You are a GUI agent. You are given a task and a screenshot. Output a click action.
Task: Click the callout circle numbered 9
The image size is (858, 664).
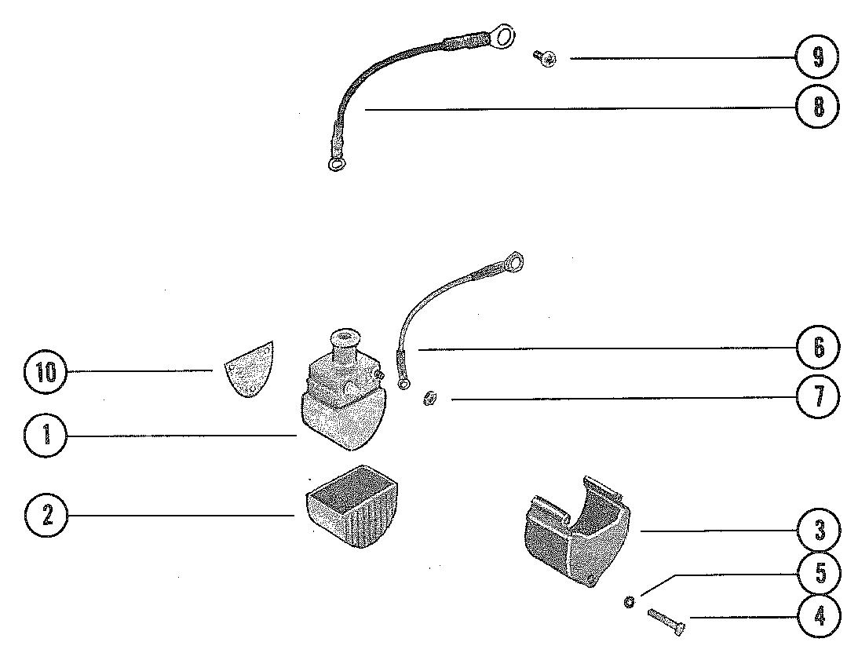click(x=817, y=58)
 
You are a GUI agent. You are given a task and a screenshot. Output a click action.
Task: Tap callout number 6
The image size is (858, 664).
click(x=817, y=347)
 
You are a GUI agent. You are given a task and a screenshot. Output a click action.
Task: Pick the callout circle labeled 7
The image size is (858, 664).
click(x=817, y=397)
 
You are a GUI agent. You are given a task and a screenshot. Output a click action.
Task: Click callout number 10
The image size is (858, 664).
click(x=46, y=372)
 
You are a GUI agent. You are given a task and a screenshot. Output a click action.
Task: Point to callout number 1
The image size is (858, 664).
click(x=46, y=435)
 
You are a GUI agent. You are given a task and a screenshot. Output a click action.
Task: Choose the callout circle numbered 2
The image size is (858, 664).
click(x=46, y=516)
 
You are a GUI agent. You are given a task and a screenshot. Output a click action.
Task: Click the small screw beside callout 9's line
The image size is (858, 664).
click(x=542, y=57)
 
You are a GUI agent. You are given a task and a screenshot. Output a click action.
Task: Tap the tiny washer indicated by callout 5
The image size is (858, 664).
click(x=629, y=602)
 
